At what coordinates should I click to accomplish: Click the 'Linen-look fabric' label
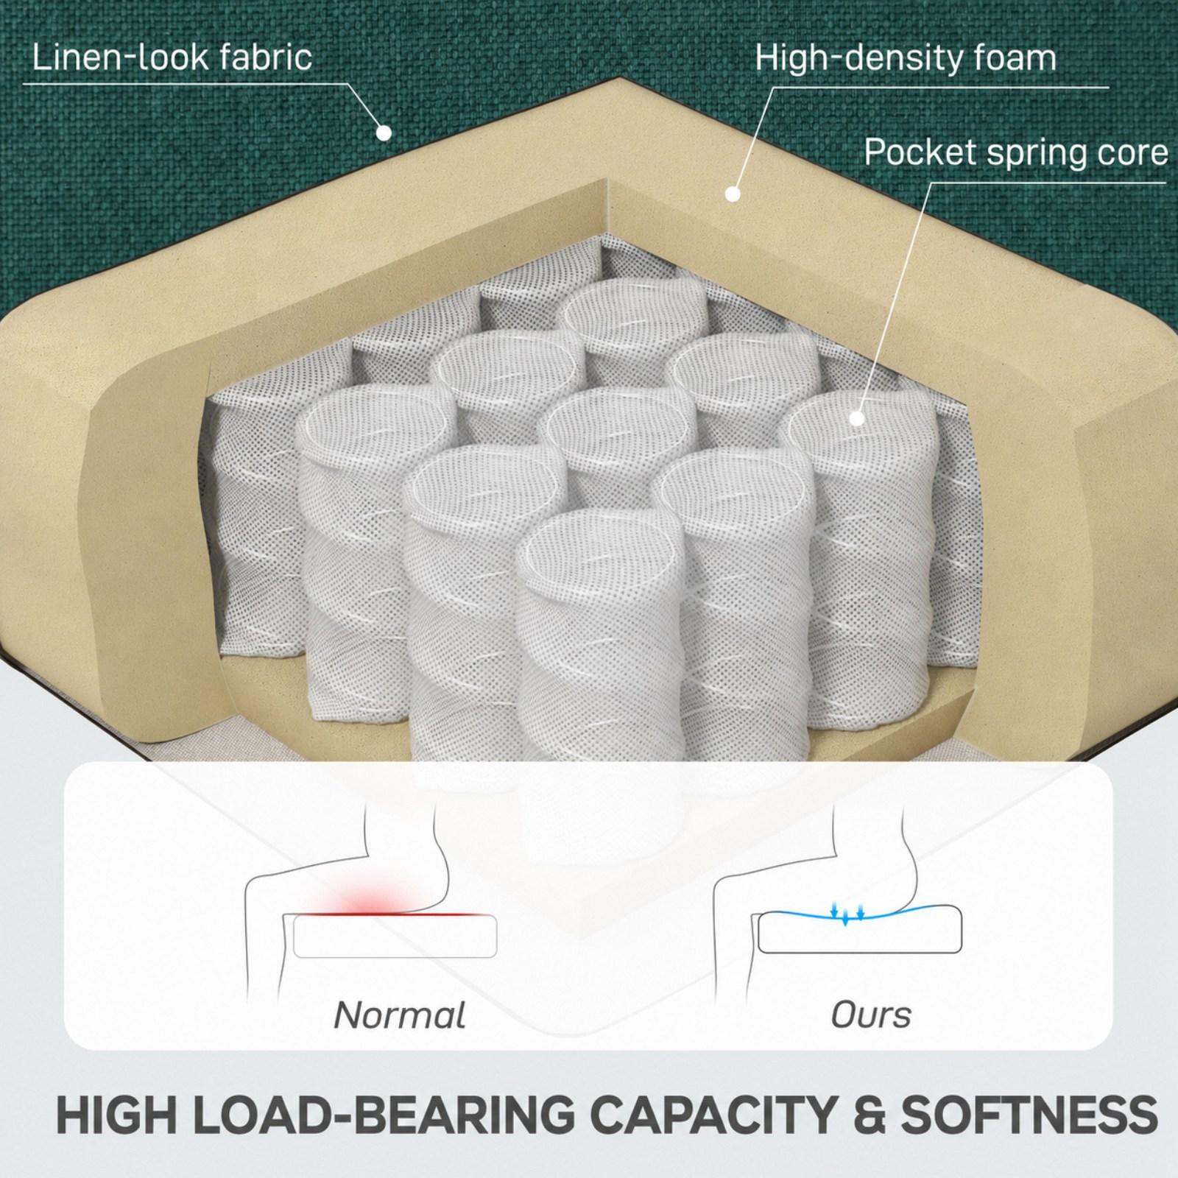coord(172,57)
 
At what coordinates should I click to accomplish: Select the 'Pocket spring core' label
coord(1016,153)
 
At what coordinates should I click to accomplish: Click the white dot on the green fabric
coord(384,133)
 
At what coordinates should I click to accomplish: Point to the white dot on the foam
coord(733,194)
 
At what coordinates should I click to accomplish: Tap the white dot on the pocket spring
coord(856,418)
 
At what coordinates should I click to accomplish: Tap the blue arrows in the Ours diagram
coord(846,914)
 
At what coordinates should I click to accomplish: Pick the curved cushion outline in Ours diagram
coord(860,929)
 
